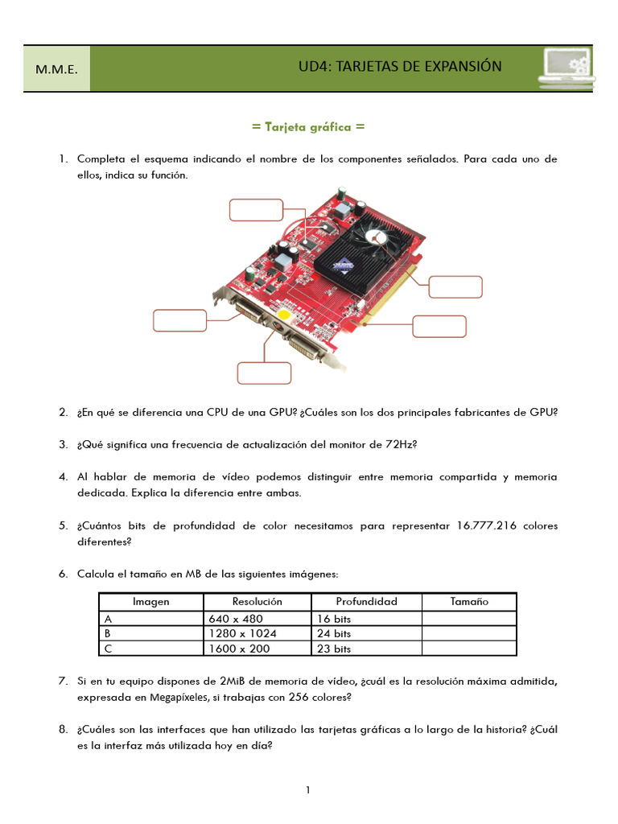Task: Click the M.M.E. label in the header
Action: coord(56,69)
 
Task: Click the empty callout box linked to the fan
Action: coord(455,287)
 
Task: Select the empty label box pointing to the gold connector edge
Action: coord(439,326)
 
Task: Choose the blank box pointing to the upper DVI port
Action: coord(179,319)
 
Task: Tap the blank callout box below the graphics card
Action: coord(264,373)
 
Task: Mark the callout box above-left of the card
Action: coord(256,209)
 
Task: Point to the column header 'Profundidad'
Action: coord(366,602)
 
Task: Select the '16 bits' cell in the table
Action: coord(335,619)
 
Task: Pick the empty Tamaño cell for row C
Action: coord(468,649)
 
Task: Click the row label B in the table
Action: coord(108,633)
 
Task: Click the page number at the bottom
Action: coord(308,790)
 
